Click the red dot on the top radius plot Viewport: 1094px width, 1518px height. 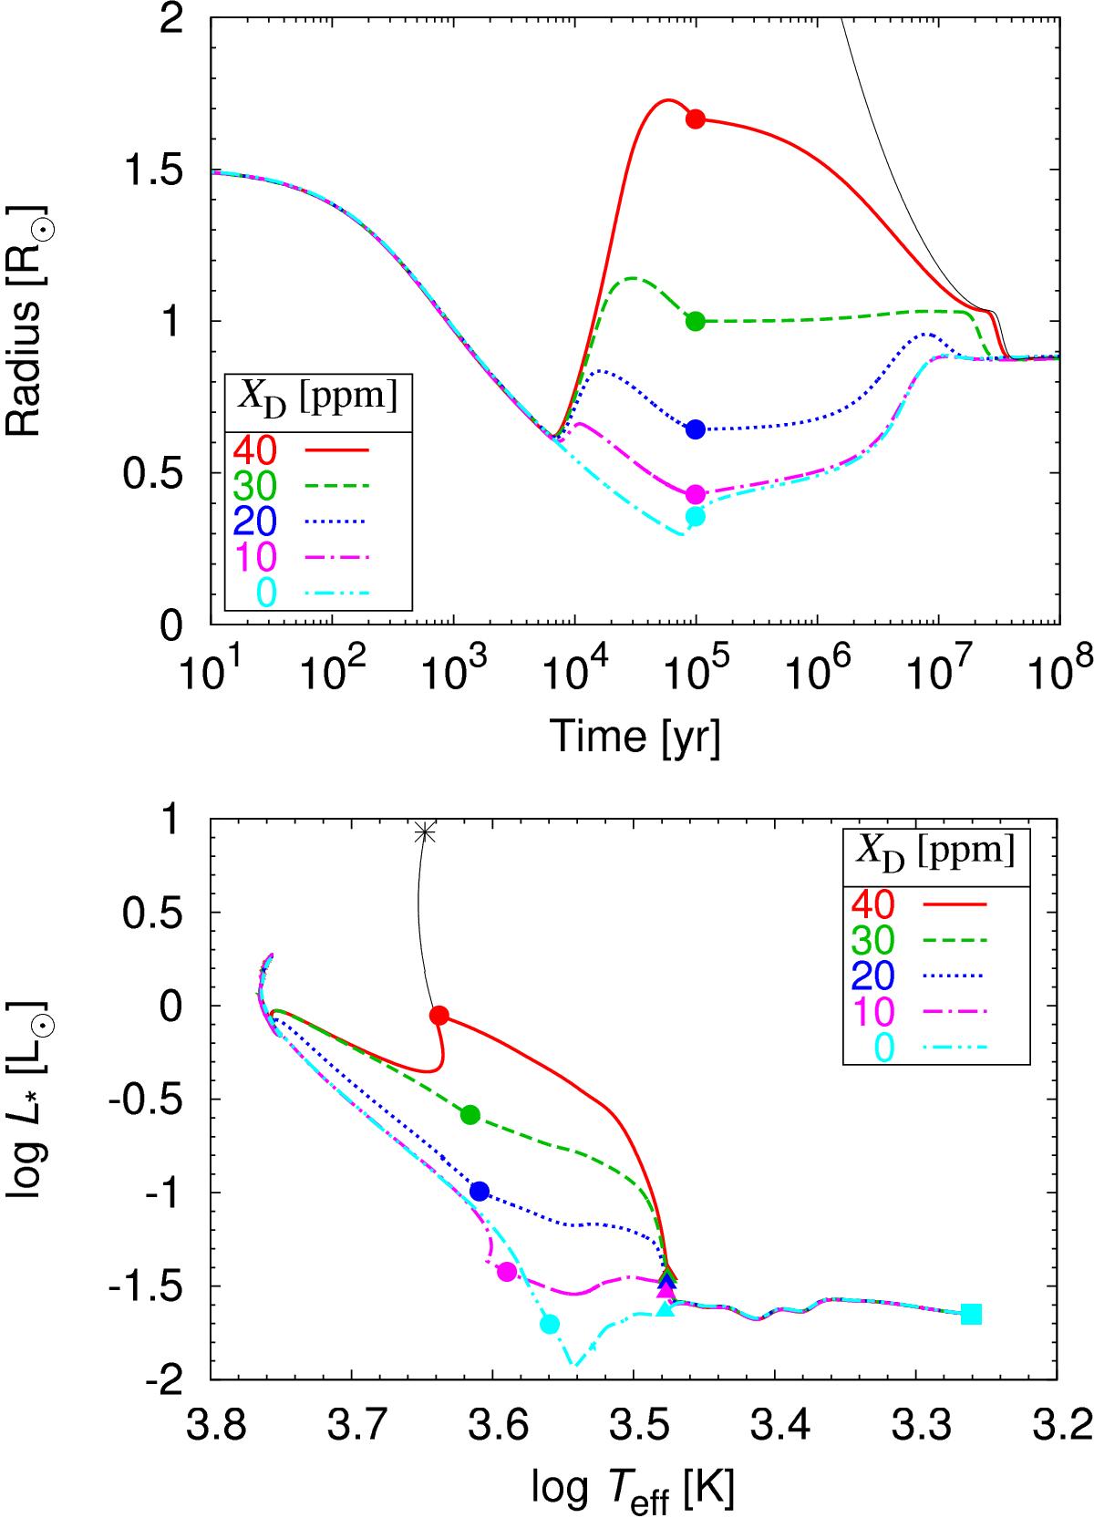click(696, 119)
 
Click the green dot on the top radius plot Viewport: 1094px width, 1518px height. click(696, 321)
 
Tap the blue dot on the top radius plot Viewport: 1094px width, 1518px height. click(696, 429)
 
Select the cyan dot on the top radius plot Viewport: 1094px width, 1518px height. click(696, 516)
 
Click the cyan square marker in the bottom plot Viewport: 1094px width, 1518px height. click(972, 1314)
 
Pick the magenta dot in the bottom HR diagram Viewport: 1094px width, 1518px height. click(507, 1271)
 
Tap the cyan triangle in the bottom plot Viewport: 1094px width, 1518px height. click(666, 1309)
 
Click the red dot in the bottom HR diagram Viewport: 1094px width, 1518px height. click(439, 1016)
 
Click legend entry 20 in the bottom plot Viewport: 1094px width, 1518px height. click(872, 976)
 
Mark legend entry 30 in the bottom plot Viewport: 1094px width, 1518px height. click(872, 940)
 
